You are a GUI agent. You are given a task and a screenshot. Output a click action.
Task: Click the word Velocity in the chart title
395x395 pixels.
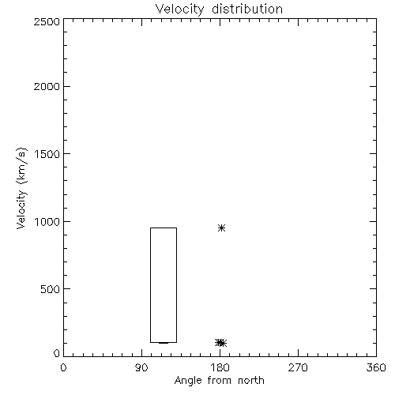coord(180,9)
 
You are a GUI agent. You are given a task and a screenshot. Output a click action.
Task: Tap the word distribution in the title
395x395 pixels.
coord(247,9)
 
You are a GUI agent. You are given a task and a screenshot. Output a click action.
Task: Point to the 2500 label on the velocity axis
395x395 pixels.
coord(47,21)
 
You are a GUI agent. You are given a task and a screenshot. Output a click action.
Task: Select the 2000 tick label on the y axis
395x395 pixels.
coord(47,86)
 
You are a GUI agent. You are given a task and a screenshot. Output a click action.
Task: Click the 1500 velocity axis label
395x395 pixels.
coord(47,154)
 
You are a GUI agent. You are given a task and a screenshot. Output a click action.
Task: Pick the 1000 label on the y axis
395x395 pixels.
coord(47,222)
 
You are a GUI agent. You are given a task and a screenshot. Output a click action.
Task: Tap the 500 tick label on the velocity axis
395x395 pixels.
coord(51,289)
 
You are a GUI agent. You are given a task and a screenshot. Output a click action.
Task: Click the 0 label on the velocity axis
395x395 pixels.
coord(57,353)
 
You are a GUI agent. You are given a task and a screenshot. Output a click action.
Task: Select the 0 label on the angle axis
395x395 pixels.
coord(63,367)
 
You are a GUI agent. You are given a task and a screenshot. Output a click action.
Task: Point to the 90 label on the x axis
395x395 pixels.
coord(141,367)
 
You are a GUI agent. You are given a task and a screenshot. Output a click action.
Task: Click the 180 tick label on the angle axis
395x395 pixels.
coord(220,367)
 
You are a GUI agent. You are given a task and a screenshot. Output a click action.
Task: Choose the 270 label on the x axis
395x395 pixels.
coord(298,367)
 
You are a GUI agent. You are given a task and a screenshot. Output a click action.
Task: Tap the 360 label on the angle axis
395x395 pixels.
coord(376,367)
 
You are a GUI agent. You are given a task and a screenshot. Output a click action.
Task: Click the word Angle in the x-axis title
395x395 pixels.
coord(188,382)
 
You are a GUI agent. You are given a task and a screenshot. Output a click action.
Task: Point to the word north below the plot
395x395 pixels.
coord(251,380)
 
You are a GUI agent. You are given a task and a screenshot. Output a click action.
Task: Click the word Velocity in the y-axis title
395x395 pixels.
coord(21,209)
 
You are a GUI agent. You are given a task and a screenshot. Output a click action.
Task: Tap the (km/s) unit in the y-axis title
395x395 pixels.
coord(21,166)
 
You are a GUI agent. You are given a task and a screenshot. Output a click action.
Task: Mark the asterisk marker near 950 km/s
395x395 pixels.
coord(222,228)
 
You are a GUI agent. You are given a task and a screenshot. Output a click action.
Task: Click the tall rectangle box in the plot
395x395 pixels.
coord(150,285)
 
